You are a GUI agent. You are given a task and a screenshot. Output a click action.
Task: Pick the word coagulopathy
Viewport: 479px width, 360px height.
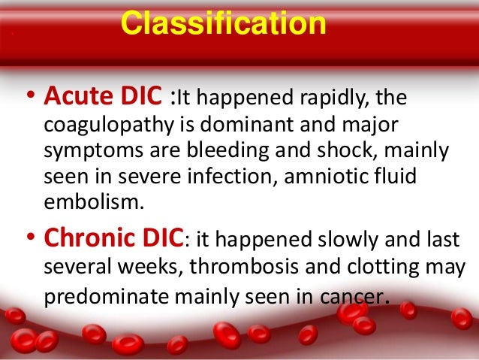[95, 125]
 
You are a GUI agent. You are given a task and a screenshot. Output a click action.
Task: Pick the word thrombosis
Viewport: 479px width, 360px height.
[227, 267]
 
